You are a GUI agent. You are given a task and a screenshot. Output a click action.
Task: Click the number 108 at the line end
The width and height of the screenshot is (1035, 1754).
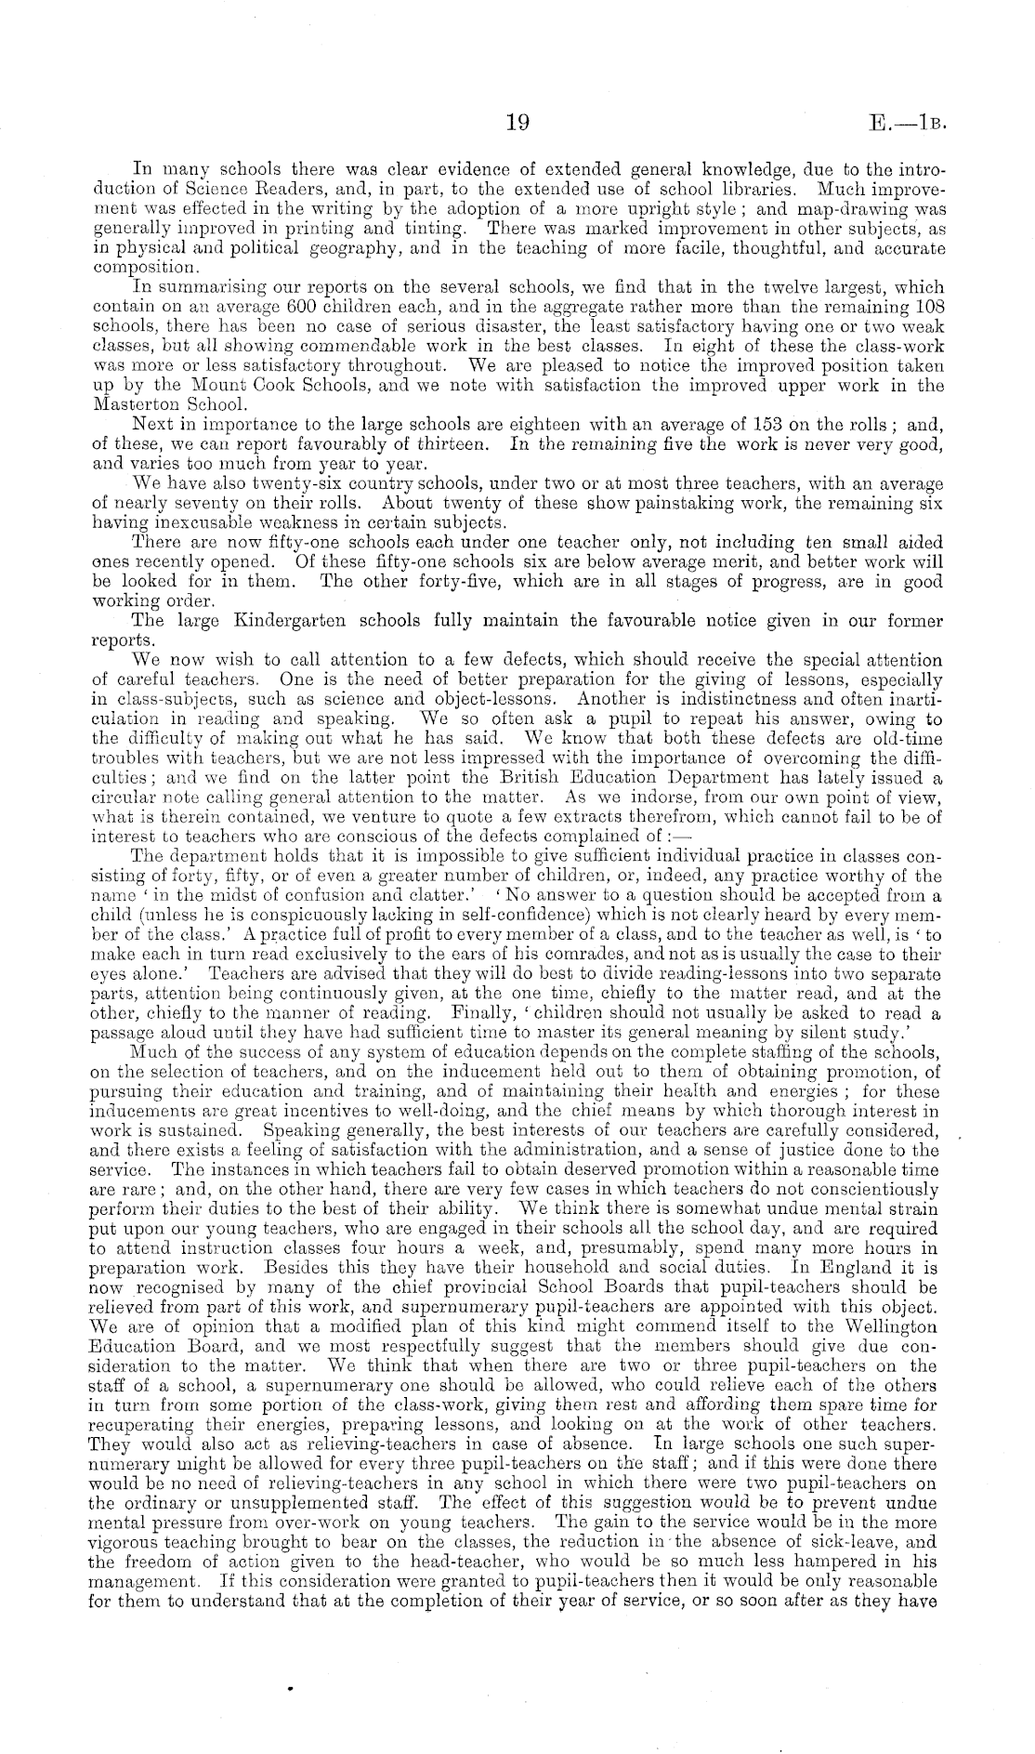coord(928,306)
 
